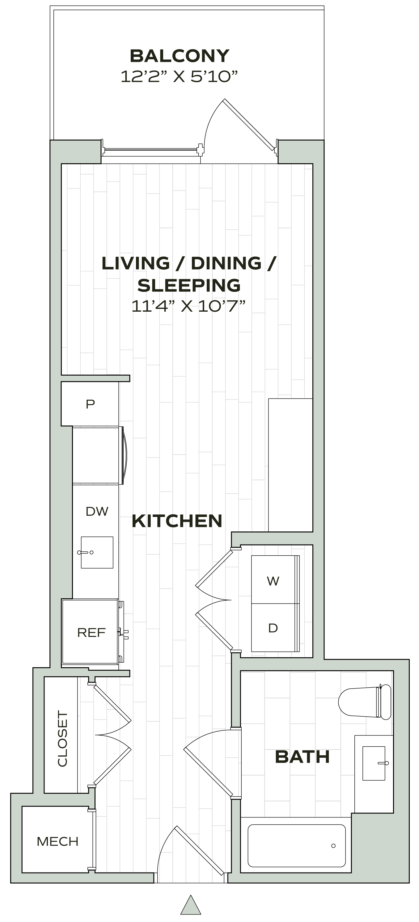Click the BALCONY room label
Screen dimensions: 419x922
pos(179,56)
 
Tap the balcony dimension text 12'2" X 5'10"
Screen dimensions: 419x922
pos(179,76)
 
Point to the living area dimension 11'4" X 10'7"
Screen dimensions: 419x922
pos(188,306)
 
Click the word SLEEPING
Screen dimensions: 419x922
pos(189,285)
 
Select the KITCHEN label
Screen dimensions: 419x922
pos(177,521)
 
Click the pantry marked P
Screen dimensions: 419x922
pos(90,404)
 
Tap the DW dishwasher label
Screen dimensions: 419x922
pos(97,511)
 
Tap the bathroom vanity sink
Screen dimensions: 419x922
pos(374,763)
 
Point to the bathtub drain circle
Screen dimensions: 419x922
pos(333,846)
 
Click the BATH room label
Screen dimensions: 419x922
pos(302,757)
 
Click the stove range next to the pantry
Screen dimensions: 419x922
pos(96,455)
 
